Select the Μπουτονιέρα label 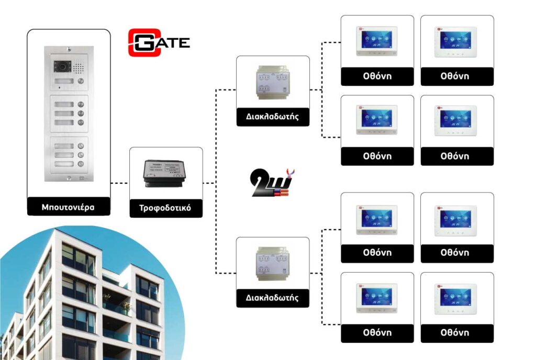69,207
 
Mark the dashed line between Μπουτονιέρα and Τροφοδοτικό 120,183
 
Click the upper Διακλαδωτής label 273,116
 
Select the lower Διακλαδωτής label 273,298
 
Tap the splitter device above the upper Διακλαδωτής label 273,82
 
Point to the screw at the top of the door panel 69,50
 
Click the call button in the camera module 80,82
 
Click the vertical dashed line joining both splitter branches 216,183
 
